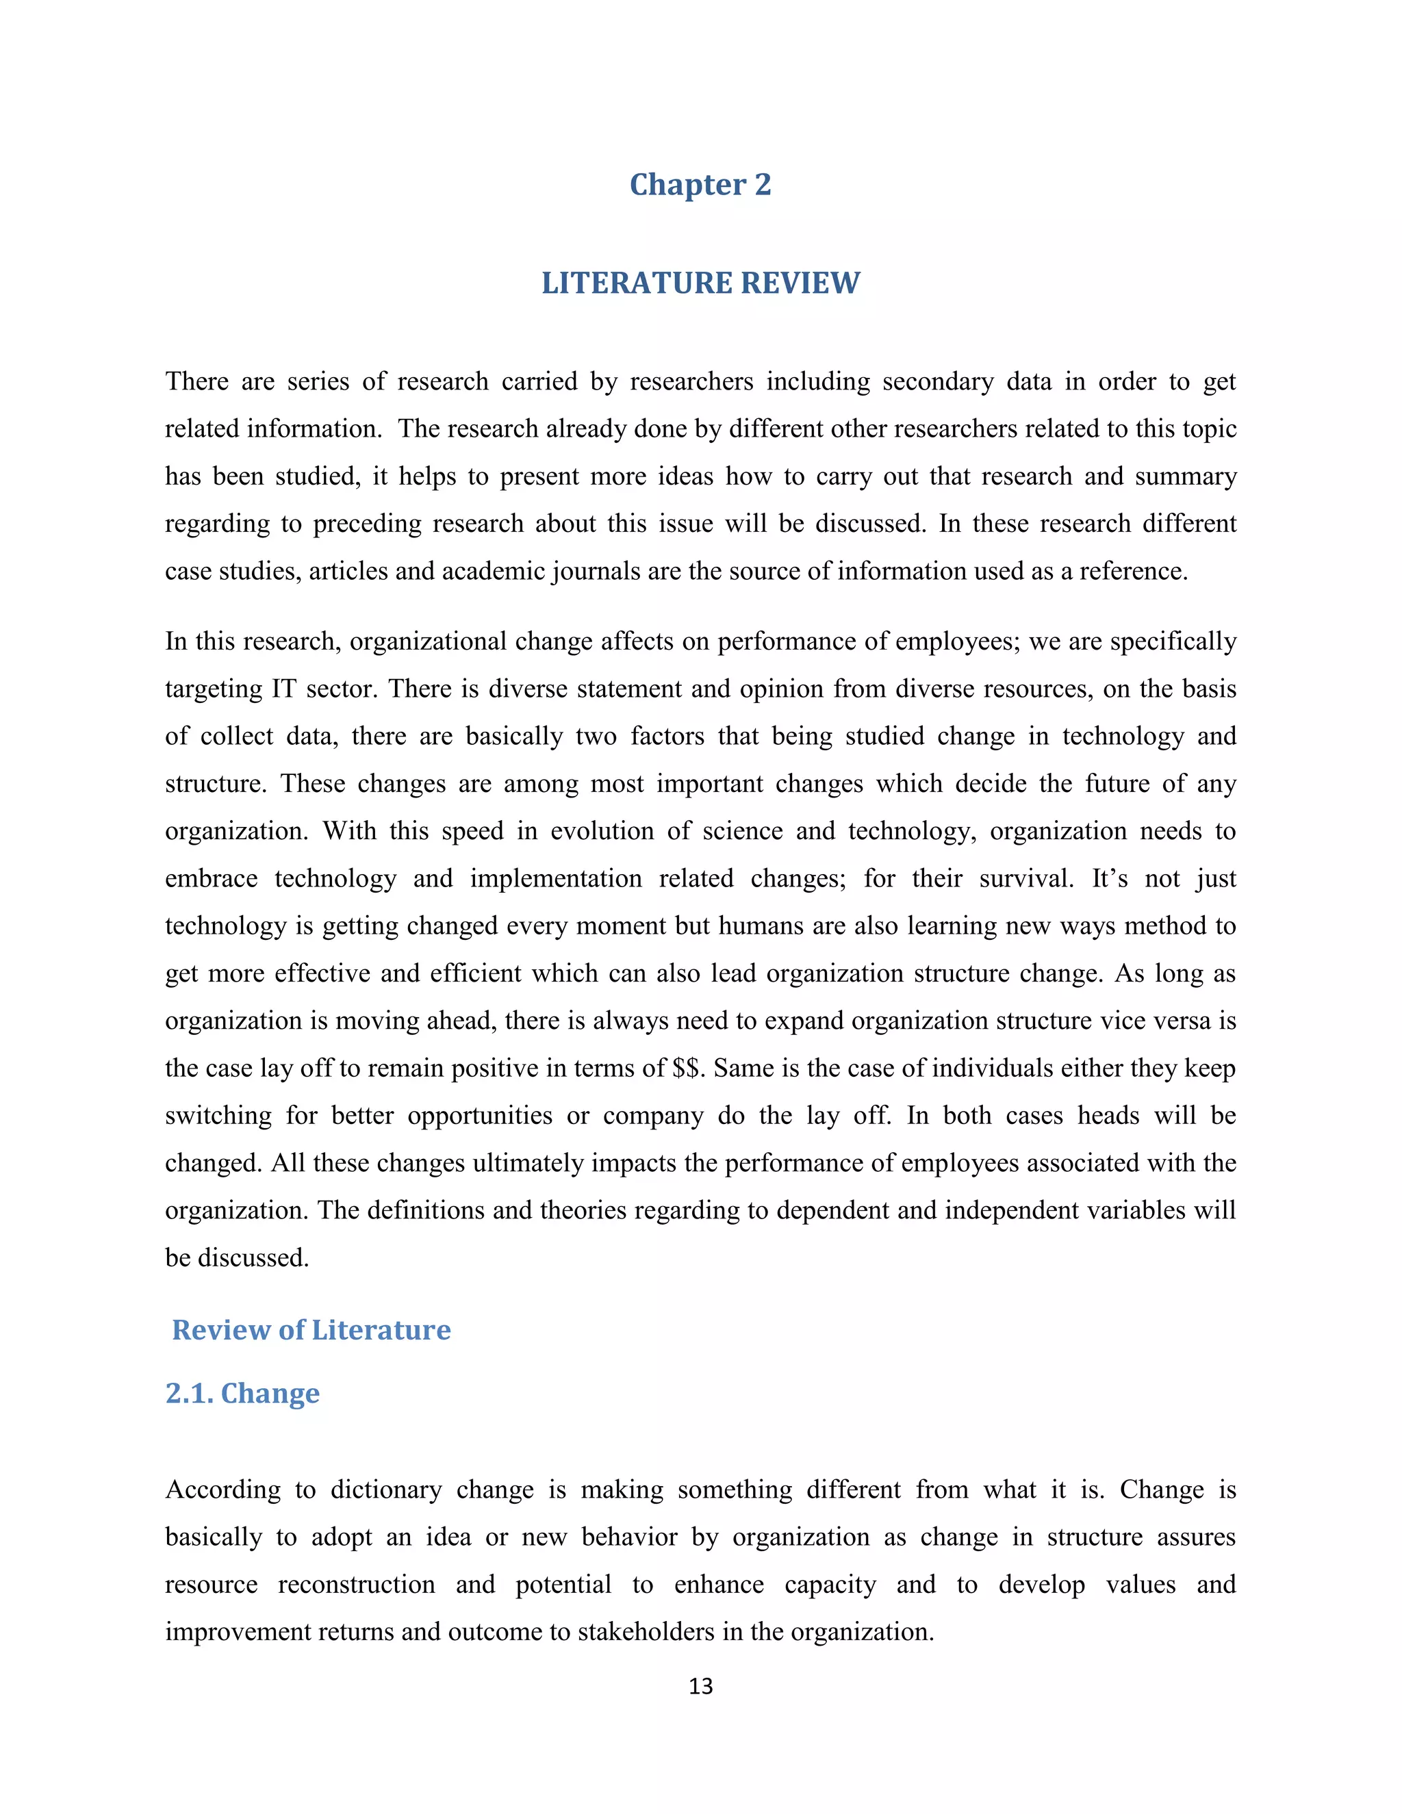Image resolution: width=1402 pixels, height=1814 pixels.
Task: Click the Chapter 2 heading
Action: (x=700, y=184)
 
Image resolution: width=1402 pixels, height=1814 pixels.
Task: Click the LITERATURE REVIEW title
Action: (x=700, y=283)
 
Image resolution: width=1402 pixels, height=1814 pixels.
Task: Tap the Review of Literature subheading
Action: (x=311, y=1330)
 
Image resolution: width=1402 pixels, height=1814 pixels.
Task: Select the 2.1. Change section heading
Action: (x=242, y=1393)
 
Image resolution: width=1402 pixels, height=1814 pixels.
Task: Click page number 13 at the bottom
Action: (x=700, y=1686)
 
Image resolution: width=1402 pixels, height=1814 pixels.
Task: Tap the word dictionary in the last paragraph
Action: (x=386, y=1490)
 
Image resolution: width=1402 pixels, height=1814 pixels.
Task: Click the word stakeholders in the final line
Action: (x=646, y=1631)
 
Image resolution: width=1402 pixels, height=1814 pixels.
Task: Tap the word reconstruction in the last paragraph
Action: (x=356, y=1584)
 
